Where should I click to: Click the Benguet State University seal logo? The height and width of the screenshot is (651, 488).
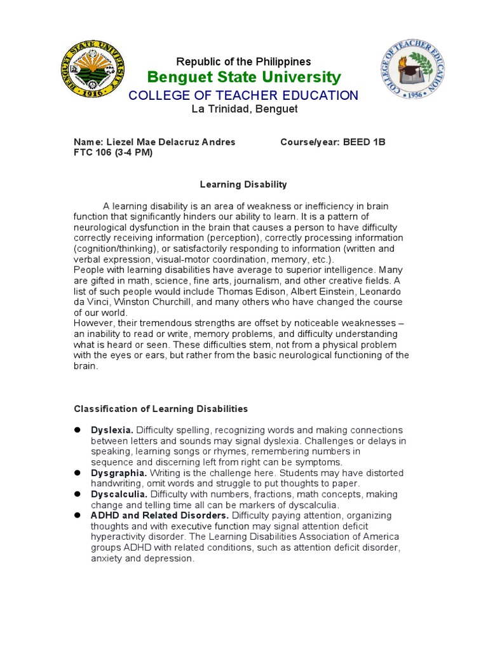point(92,69)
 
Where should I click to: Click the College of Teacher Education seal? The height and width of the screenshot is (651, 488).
point(412,69)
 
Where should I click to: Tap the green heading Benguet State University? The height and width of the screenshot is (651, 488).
point(243,78)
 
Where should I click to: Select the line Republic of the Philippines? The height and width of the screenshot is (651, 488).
point(243,62)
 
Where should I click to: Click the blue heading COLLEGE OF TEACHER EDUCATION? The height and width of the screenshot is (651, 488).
point(243,95)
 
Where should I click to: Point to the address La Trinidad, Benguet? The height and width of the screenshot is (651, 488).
point(243,109)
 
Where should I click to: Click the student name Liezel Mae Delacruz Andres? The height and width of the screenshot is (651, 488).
point(170,142)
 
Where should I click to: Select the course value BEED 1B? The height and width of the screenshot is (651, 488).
point(364,142)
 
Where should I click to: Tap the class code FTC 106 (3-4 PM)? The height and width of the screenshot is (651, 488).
point(113,153)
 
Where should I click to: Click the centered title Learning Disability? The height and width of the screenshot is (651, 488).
point(243,184)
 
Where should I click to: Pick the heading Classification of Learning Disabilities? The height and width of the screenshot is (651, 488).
point(161,409)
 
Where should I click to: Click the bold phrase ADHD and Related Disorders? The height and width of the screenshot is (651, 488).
point(159,515)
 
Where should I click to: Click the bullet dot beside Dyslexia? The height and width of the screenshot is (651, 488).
point(78,430)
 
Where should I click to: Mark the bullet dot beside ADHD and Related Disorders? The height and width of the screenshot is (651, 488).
point(78,515)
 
